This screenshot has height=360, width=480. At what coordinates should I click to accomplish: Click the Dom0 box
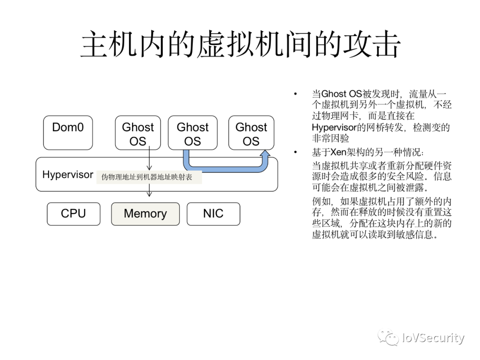tap(68, 132)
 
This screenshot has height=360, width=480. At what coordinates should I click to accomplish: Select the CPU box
tap(73, 214)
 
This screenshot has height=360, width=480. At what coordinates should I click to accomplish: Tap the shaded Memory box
tap(145, 214)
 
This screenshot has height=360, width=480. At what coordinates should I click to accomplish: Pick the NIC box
tap(213, 214)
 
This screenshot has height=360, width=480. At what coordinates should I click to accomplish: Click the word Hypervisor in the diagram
tap(68, 175)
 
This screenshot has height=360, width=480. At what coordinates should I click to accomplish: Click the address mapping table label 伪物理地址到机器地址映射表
tap(147, 177)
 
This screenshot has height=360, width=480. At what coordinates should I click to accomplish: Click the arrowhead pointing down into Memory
tap(149, 194)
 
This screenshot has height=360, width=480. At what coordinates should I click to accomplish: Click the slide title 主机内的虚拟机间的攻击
tap(240, 44)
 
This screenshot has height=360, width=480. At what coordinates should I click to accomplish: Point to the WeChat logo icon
tap(388, 338)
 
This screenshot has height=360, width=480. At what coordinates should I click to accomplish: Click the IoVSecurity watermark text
tap(433, 338)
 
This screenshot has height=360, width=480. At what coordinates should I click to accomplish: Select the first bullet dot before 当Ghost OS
tap(294, 95)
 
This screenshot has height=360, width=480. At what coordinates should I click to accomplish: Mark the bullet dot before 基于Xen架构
tap(294, 152)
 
